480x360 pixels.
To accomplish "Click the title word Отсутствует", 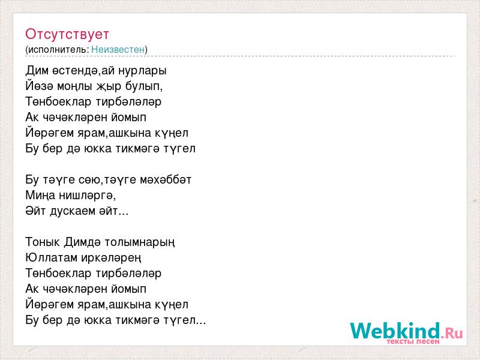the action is coord(67,34).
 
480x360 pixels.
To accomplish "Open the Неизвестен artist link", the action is coord(118,49).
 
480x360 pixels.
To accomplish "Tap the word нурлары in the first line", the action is coord(142,71).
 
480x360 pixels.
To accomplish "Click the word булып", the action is coord(144,86).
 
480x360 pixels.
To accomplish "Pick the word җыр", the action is coord(109,86).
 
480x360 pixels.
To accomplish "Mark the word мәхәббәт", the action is coord(166,179).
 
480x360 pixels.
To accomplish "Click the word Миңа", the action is coord(40,196).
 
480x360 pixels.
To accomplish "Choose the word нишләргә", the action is coord(87,196).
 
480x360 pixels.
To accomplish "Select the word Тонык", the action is coord(43,242).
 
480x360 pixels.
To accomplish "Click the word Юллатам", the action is coord(51,258).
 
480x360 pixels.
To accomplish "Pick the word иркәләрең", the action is coord(111,258).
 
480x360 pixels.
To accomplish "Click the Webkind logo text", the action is coord(395,331).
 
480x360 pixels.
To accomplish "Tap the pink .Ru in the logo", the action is coord(452,332).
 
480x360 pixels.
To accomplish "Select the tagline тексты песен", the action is coord(413,341).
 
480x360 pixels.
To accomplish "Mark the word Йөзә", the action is coord(39,86).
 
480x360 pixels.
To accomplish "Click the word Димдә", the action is coord(82,242).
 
